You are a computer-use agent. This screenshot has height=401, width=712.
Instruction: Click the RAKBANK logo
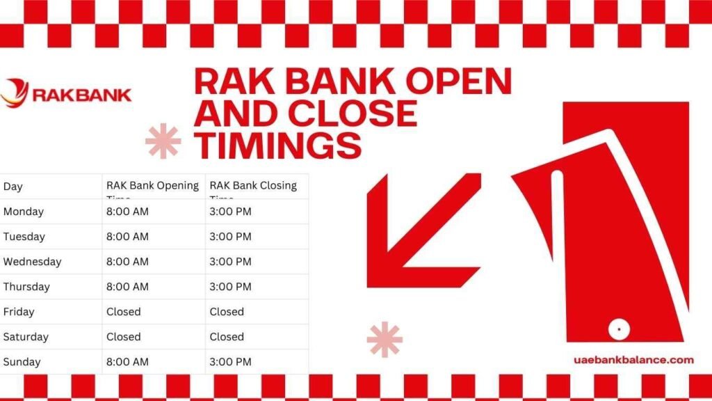coord(66,94)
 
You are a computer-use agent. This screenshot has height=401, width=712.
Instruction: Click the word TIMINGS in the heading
coord(277,145)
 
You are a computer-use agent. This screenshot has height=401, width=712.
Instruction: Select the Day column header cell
coord(13,187)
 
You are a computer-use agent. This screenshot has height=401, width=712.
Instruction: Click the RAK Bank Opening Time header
coord(152,187)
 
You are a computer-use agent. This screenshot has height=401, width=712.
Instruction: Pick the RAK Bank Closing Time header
coord(253,187)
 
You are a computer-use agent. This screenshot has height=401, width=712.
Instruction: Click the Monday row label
coord(23,212)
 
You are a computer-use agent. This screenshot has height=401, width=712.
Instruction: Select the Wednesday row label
coord(32,262)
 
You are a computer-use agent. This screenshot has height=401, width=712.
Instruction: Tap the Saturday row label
coord(26,337)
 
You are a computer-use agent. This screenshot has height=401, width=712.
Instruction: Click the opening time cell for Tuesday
coord(127,237)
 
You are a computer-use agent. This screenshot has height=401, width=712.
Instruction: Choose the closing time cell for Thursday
coord(230,287)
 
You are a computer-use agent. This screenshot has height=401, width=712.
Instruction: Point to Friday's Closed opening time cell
coord(124,312)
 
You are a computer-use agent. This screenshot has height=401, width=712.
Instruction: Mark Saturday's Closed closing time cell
coord(227,337)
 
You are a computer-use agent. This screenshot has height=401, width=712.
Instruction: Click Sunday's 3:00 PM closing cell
coord(230,362)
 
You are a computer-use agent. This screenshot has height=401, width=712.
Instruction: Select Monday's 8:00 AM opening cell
coord(127,212)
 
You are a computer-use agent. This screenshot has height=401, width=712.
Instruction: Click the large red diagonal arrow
coord(417,230)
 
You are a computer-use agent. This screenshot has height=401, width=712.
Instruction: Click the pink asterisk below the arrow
coord(385,340)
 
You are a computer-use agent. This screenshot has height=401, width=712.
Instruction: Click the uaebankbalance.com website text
coord(634,360)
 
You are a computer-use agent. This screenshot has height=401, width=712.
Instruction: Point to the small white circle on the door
coord(615,327)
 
